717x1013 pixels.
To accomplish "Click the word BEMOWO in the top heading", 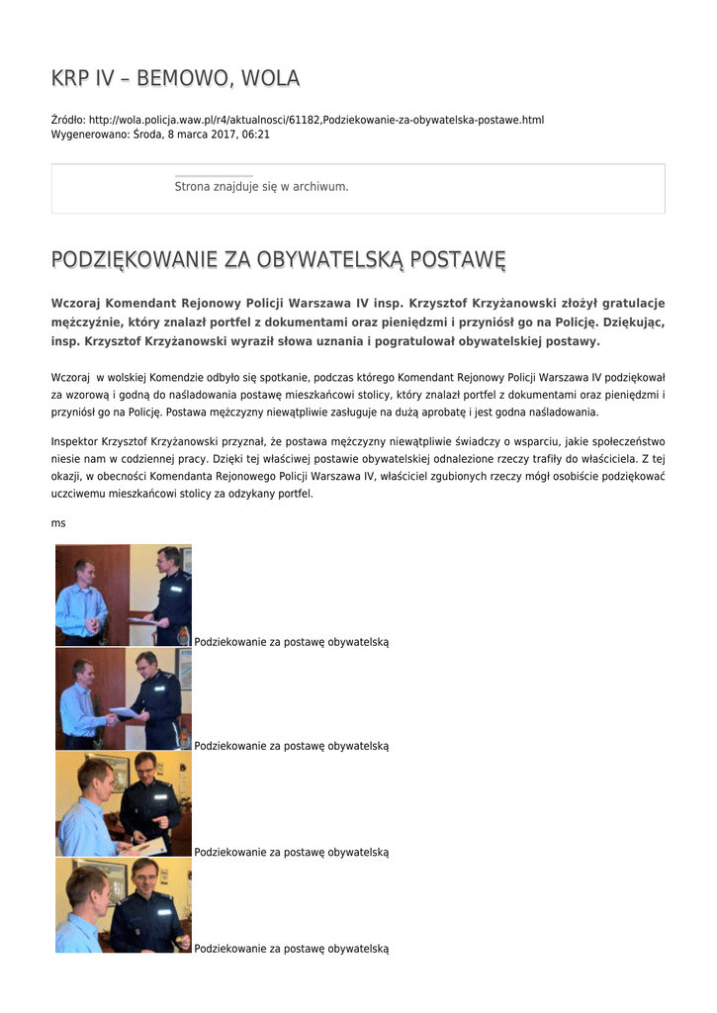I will pyautogui.click(x=179, y=78).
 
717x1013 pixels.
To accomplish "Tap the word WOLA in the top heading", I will pyautogui.click(x=270, y=78).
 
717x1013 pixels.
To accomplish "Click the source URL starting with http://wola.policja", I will pyautogui.click(x=316, y=120).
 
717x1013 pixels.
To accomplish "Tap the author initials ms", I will pyautogui.click(x=58, y=522).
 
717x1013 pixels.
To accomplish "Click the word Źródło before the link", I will pyautogui.click(x=68, y=120).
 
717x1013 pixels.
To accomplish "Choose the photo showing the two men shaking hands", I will pyautogui.click(x=123, y=698).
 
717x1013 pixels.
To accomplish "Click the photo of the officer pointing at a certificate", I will pyautogui.click(x=123, y=803).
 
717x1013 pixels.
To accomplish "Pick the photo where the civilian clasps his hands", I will pyautogui.click(x=123, y=595).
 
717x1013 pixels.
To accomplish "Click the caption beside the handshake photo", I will pyautogui.click(x=292, y=746).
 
